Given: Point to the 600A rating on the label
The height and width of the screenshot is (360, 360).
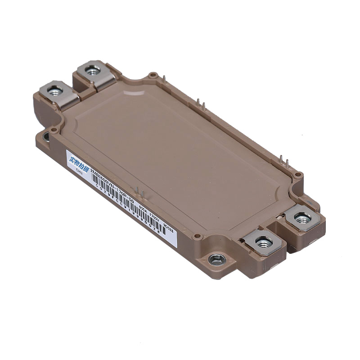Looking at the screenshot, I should pos(143,208).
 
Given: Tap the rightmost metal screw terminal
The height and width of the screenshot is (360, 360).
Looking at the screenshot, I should pos(302,218).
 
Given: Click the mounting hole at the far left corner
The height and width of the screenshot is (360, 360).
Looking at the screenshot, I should pos(46,135).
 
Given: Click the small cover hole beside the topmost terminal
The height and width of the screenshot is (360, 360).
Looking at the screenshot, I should pos(153,75).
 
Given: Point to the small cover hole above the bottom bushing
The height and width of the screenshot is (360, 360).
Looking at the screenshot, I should pos(197,235).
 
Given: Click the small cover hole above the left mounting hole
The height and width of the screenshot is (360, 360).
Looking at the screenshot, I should pos(54,130).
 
